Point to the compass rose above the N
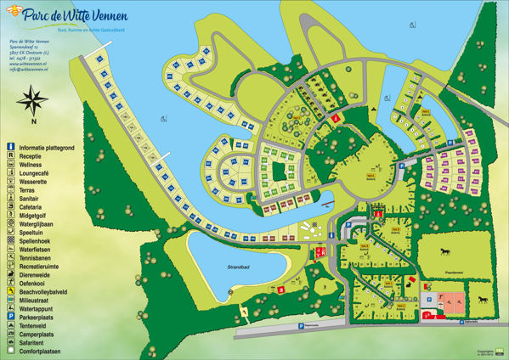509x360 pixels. pyautogui.click(x=33, y=104)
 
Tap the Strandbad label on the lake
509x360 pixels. pyautogui.click(x=227, y=267)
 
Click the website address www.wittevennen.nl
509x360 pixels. pyautogui.click(x=28, y=62)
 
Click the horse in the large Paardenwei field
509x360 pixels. pyautogui.click(x=445, y=252)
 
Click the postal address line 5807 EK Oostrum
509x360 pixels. pyautogui.click(x=29, y=50)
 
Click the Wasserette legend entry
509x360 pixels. pyautogui.click(x=33, y=177)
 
